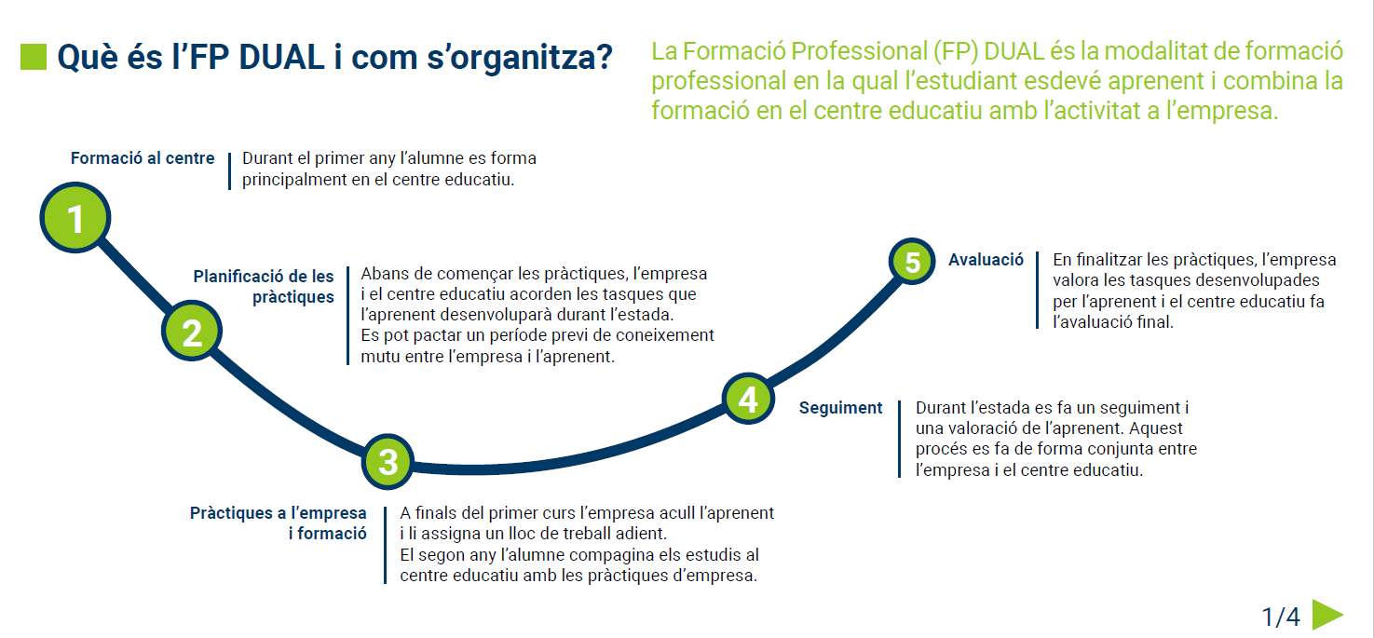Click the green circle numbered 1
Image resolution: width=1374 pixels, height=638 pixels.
pyautogui.click(x=75, y=217)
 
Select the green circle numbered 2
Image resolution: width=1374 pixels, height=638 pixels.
pyautogui.click(x=192, y=332)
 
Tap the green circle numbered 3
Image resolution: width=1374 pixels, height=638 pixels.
pyautogui.click(x=388, y=461)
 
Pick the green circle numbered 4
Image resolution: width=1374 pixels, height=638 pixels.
pyautogui.click(x=748, y=398)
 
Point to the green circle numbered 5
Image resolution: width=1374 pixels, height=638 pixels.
pyautogui.click(x=912, y=261)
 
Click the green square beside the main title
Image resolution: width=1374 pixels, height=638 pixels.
pyautogui.click(x=34, y=57)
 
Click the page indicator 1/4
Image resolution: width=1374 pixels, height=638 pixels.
pyautogui.click(x=1280, y=617)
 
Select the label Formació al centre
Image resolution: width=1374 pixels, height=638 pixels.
pyautogui.click(x=143, y=158)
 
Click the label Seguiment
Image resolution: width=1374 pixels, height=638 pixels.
pyautogui.click(x=840, y=408)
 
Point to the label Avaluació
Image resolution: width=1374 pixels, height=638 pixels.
pyautogui.click(x=986, y=260)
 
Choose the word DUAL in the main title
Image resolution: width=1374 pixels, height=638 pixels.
pyautogui.click(x=281, y=57)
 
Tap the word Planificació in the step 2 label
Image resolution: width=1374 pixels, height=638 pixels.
pyautogui.click(x=238, y=276)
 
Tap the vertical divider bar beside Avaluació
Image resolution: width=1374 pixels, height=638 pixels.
pyautogui.click(x=1037, y=291)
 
